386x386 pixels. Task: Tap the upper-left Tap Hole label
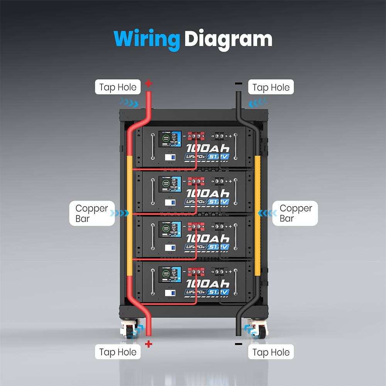[118, 87]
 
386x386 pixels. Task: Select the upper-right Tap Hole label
[271, 88]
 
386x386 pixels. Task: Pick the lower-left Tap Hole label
[118, 352]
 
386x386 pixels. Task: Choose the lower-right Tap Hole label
[271, 352]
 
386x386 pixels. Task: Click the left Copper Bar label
[92, 213]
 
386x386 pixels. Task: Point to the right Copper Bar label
[296, 213]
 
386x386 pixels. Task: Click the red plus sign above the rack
[149, 83]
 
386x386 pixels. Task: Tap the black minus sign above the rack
[239, 83]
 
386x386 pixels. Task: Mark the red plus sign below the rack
[149, 344]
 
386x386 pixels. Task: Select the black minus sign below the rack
[239, 344]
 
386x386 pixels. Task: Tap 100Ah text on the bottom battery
[208, 284]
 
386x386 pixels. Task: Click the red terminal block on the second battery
[196, 181]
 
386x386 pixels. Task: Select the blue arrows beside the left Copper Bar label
[119, 213]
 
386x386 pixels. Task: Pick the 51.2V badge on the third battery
[219, 247]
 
